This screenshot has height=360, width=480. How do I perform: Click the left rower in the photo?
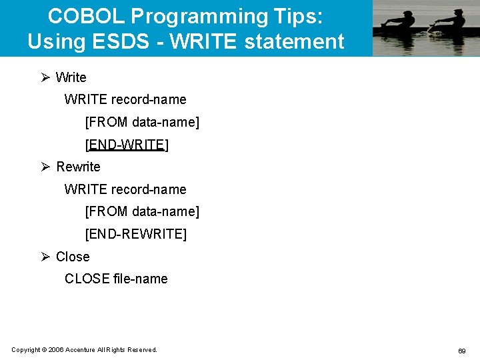point(398,24)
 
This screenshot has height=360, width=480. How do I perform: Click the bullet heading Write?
point(71,77)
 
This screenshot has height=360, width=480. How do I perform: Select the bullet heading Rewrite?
point(78,167)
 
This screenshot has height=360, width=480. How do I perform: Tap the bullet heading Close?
point(73,257)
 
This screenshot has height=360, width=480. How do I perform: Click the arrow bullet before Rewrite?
point(45,167)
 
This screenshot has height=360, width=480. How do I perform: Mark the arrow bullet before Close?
point(45,257)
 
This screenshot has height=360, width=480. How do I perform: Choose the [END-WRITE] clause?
point(127,145)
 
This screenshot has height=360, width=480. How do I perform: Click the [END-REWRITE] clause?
point(136,234)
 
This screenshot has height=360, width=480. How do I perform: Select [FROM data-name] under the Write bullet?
point(142,122)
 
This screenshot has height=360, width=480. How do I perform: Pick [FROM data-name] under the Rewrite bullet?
point(142,211)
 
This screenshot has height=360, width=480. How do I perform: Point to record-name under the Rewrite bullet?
point(149,189)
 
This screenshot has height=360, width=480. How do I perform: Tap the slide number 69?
point(461,351)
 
